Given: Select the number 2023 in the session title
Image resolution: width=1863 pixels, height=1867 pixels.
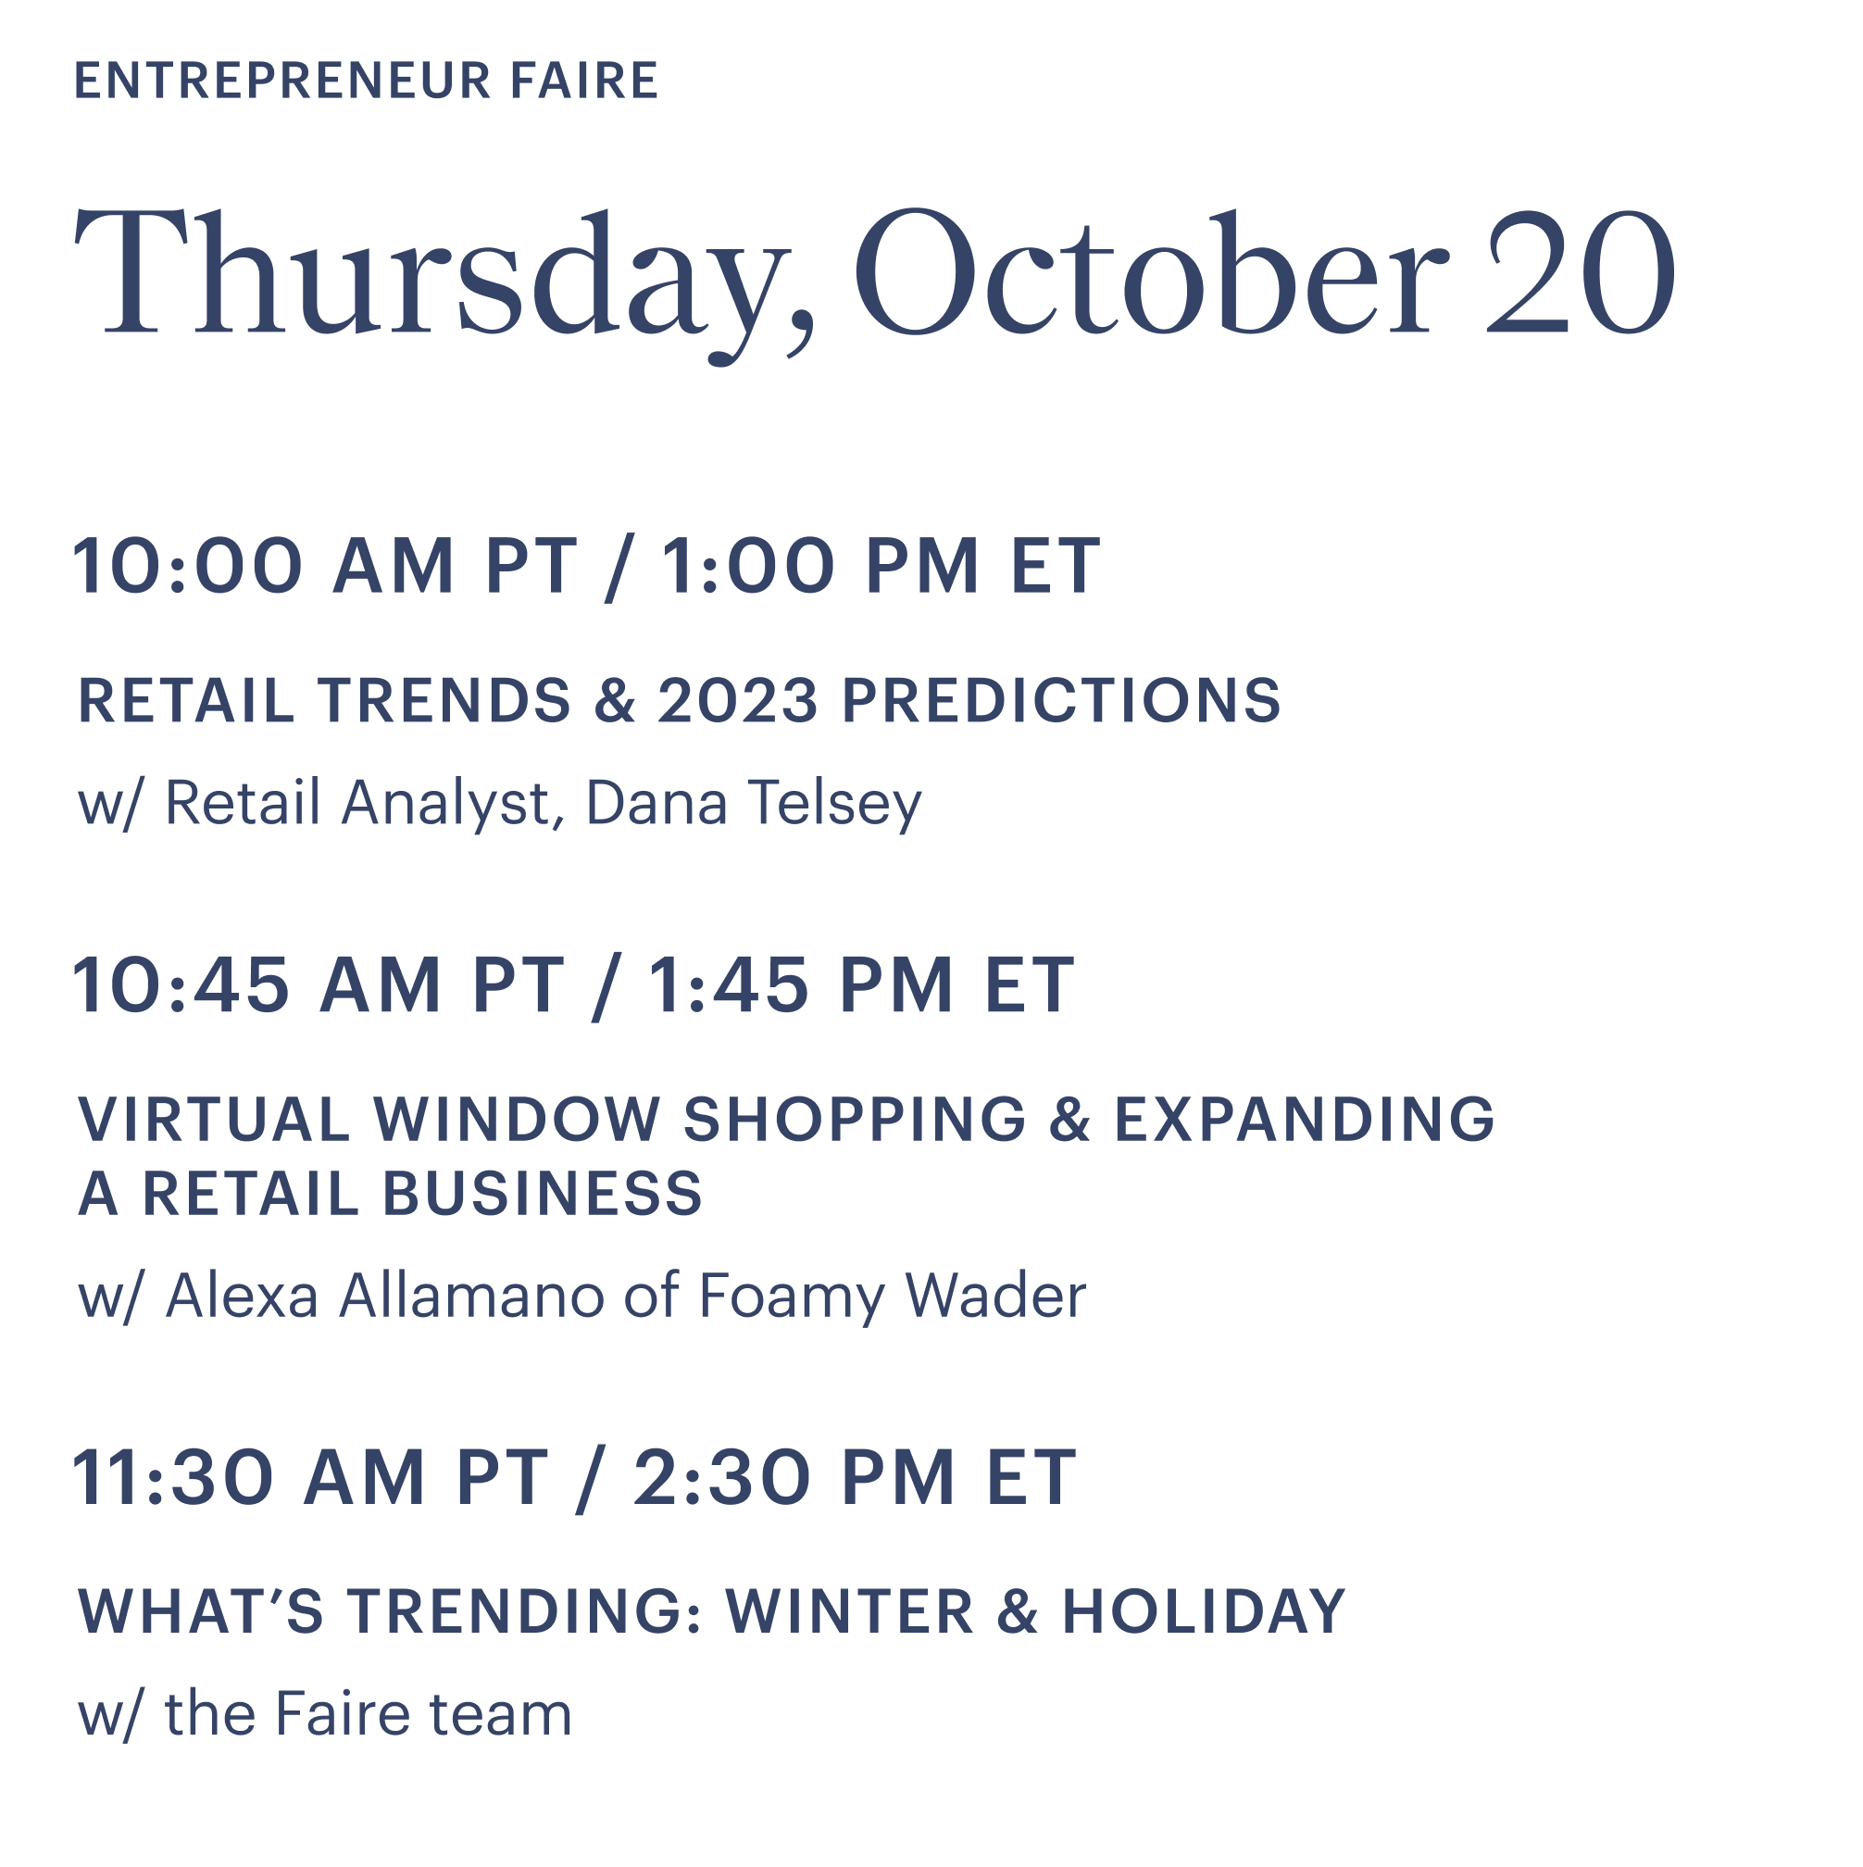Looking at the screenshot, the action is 738,701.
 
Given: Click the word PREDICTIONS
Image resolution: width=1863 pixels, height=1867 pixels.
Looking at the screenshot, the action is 1062,701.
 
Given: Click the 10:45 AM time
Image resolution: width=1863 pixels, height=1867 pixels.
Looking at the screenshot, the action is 258,985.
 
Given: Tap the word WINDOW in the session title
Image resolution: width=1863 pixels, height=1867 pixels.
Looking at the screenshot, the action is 517,1120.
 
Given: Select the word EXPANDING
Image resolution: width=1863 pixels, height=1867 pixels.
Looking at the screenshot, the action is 1305,1120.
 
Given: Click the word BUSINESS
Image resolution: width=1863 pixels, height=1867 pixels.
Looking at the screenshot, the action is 543,1194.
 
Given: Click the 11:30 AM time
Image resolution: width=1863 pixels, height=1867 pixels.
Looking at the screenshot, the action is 249,1479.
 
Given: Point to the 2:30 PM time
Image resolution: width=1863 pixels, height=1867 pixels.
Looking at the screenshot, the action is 795,1479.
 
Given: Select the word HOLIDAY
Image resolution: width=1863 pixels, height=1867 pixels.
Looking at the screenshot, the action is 1204,1612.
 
